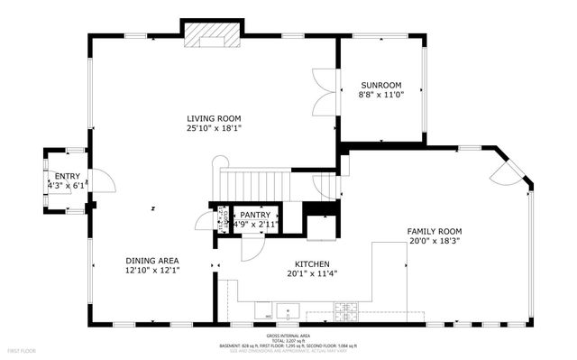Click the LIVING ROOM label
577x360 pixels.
click(215, 119)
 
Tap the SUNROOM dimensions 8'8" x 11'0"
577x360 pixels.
click(382, 93)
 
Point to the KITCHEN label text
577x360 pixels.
click(310, 264)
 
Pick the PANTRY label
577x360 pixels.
click(255, 214)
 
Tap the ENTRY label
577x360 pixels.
click(68, 176)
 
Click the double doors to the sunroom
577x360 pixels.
click(323, 89)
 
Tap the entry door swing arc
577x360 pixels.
click(105, 180)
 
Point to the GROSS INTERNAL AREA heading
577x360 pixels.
click(288, 333)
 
